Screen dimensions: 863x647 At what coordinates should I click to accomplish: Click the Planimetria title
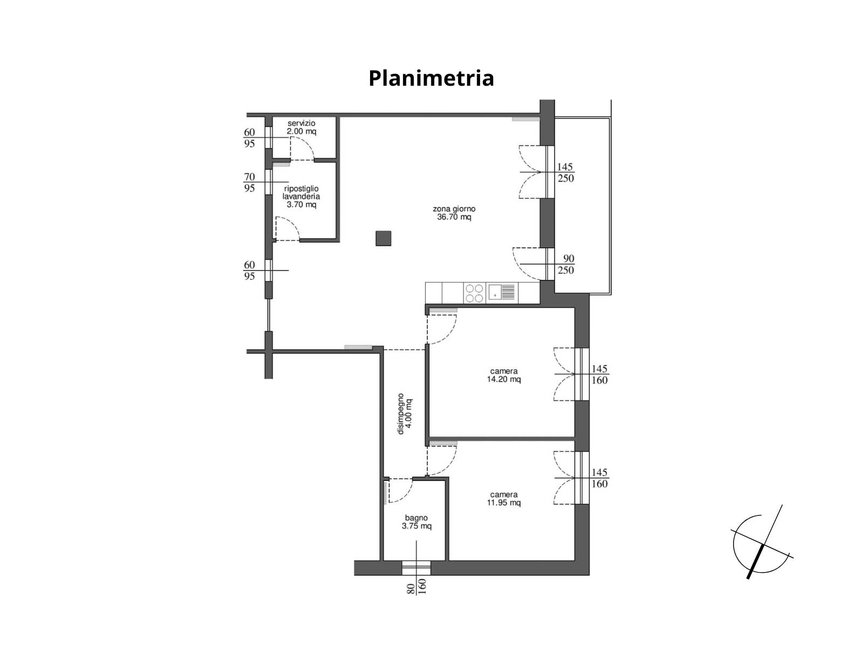click(431, 79)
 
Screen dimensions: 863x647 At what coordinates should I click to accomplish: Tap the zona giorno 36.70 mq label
click(454, 213)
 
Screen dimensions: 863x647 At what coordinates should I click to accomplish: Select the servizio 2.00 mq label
click(301, 127)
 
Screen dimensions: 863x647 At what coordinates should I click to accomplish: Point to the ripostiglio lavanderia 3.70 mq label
click(301, 196)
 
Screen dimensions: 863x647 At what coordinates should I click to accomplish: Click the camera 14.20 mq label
click(504, 375)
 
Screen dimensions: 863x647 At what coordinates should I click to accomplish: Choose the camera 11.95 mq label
click(504, 499)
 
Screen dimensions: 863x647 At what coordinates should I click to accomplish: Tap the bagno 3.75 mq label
click(416, 522)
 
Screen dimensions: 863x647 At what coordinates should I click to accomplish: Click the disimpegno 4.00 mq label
click(404, 414)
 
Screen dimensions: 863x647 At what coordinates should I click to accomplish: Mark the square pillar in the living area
click(383, 238)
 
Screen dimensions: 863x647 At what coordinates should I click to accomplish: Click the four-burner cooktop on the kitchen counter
click(474, 293)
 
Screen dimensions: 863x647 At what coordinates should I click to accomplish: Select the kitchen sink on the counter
click(502, 293)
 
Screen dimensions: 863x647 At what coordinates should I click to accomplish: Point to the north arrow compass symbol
click(762, 542)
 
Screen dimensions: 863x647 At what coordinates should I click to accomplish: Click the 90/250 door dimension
click(566, 264)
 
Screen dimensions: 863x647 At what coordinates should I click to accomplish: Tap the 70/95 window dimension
click(249, 182)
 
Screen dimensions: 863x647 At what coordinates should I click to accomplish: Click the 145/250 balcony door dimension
click(566, 173)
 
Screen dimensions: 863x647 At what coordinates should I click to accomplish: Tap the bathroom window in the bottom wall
click(416, 568)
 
